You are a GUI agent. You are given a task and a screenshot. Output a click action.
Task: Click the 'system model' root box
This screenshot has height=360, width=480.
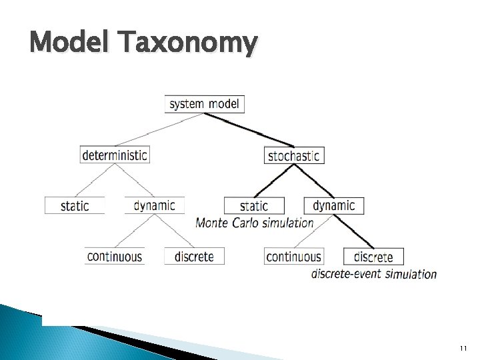pyautogui.click(x=205, y=104)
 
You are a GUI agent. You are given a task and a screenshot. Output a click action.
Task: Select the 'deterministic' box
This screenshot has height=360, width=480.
pyautogui.click(x=114, y=155)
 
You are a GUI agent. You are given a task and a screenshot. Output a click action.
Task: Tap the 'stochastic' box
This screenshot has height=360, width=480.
pyautogui.click(x=293, y=155)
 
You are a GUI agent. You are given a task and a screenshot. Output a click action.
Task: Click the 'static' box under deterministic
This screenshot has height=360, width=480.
pyautogui.click(x=75, y=205)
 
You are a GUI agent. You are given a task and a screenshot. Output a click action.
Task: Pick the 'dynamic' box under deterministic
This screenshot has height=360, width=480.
pyautogui.click(x=154, y=205)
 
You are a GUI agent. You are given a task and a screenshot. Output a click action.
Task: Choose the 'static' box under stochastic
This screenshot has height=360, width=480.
pyautogui.click(x=254, y=206)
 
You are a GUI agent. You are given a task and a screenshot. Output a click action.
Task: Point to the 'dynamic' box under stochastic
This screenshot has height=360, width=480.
pyautogui.click(x=334, y=205)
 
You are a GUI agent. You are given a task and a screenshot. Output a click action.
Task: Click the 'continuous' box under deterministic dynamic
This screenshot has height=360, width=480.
pyautogui.click(x=115, y=256)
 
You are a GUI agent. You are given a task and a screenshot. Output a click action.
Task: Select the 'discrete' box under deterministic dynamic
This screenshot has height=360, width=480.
pyautogui.click(x=194, y=256)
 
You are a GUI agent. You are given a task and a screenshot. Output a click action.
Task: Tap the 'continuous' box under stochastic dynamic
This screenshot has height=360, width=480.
pyautogui.click(x=293, y=256)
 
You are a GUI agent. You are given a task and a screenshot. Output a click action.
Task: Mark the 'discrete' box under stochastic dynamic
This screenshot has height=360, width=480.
pyautogui.click(x=373, y=257)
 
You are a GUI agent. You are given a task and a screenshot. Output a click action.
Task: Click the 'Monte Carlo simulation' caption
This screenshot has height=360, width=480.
pyautogui.click(x=255, y=223)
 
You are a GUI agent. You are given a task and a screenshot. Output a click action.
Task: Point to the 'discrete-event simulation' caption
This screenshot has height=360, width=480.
pyautogui.click(x=374, y=273)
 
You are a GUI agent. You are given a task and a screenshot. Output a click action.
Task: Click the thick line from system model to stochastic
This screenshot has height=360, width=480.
pyautogui.click(x=249, y=129)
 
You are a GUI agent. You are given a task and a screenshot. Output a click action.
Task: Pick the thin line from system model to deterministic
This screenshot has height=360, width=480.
pyautogui.click(x=160, y=129)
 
